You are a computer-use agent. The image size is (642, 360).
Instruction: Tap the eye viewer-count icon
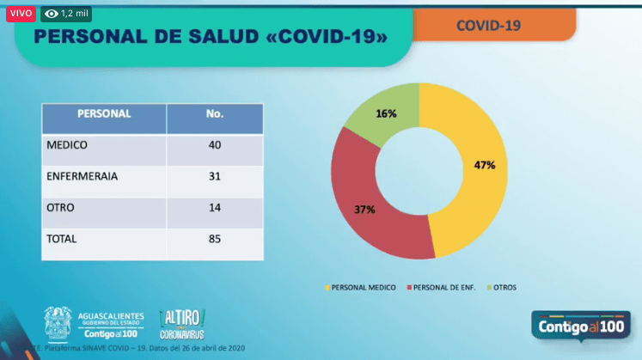point(52,14)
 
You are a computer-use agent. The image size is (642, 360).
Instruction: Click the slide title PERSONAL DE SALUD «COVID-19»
point(210,37)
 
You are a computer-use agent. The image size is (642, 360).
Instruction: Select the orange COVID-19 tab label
point(488,25)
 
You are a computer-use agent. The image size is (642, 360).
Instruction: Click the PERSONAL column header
point(104,113)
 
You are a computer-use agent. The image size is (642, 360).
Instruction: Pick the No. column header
point(215,113)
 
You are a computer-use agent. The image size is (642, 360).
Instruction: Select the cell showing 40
point(215,145)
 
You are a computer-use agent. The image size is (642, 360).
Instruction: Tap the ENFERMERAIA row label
point(82,176)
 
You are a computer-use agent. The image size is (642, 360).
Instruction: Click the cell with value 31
point(215,176)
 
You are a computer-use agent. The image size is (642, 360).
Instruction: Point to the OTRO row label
point(61,207)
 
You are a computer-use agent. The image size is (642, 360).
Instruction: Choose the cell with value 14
point(215,207)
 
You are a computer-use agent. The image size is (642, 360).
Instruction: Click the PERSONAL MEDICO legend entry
point(360,286)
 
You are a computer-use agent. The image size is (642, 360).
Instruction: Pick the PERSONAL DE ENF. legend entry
point(443,286)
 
